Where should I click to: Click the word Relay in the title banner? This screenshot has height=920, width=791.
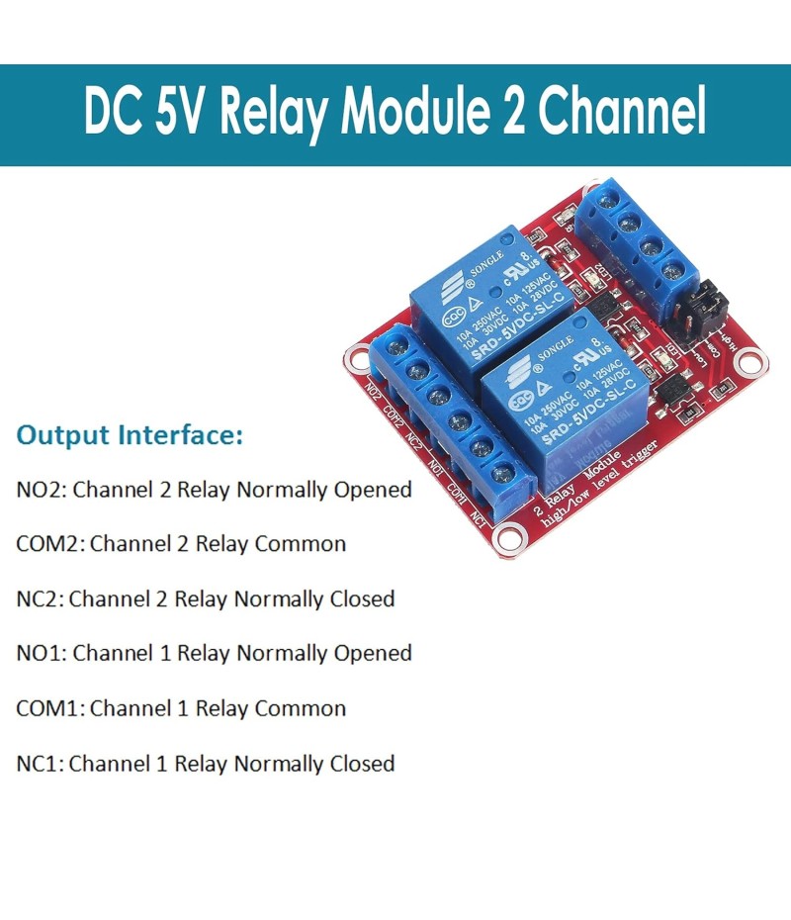[x=273, y=115]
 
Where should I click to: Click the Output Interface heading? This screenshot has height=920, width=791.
[x=130, y=435]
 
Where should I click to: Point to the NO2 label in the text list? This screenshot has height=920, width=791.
[x=42, y=489]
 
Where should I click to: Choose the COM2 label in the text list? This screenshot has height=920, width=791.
[x=50, y=543]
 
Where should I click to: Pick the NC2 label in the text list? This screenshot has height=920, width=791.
[x=40, y=598]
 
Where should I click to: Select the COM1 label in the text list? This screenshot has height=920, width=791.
[x=50, y=708]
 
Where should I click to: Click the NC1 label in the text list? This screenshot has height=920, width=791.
[x=40, y=764]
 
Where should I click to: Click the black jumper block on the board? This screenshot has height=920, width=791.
[x=690, y=310]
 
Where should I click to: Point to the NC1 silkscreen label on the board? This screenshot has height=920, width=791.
[x=478, y=516]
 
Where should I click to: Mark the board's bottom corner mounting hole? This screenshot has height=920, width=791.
[x=509, y=538]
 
